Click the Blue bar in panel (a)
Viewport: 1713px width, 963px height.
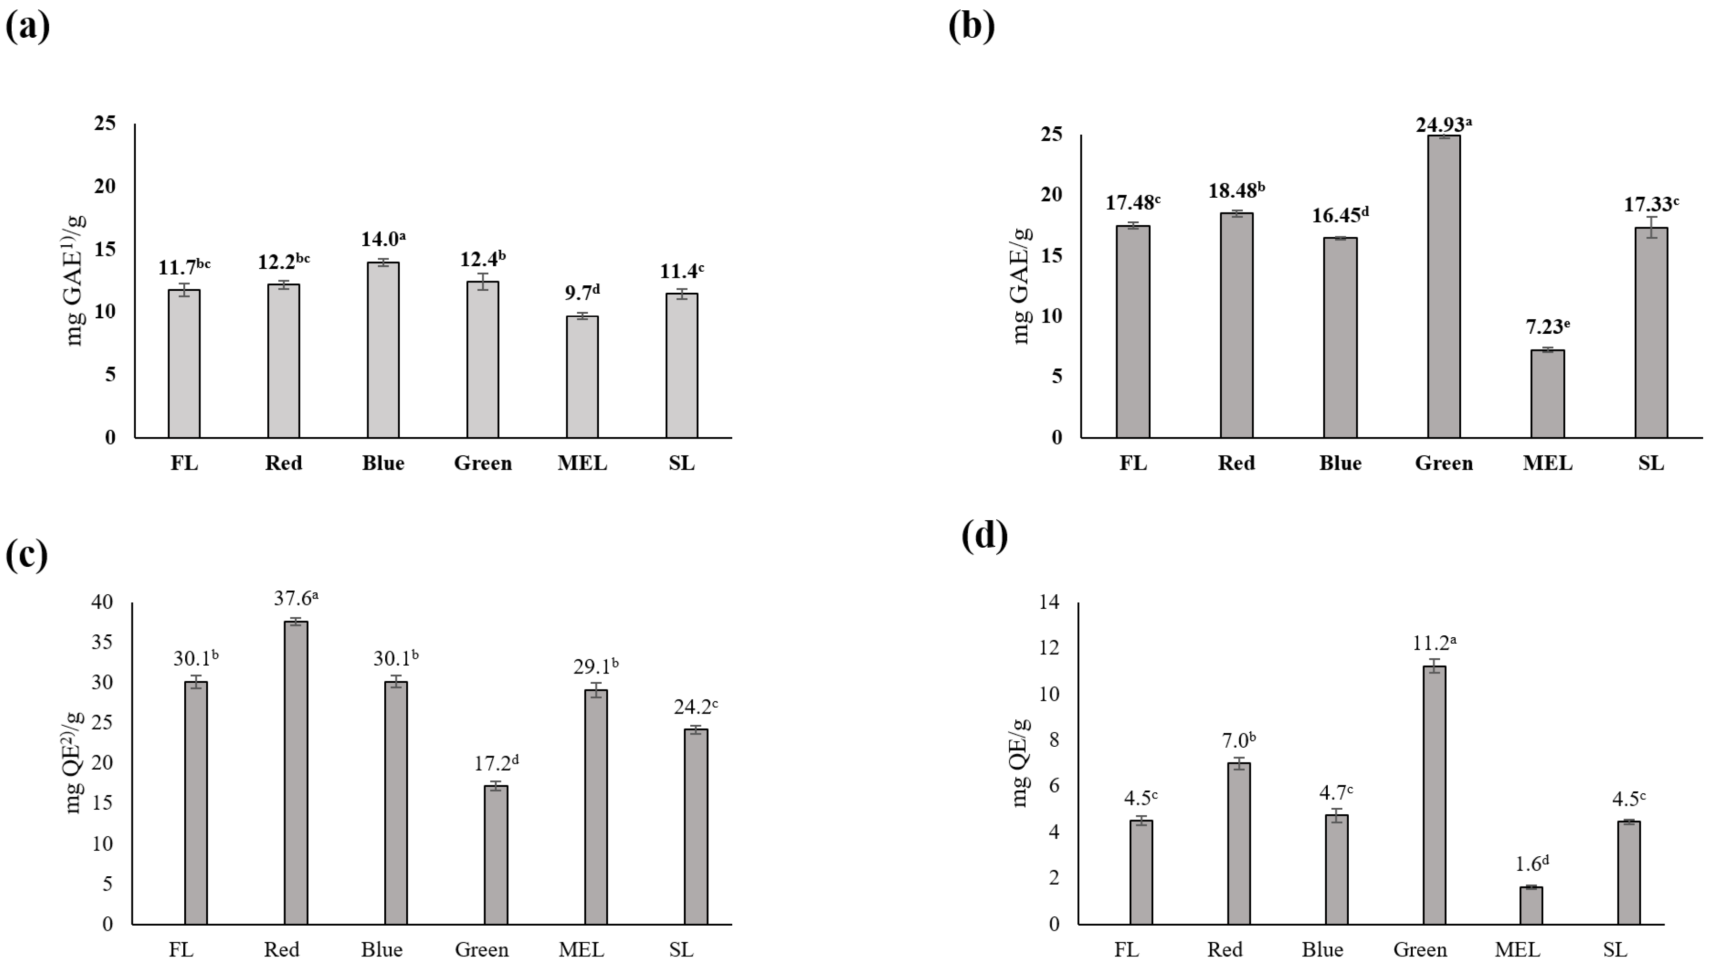click(383, 350)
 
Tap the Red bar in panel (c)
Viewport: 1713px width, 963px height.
click(296, 773)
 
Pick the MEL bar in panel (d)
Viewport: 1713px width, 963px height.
click(1531, 906)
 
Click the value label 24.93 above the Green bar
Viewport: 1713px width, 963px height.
click(1443, 125)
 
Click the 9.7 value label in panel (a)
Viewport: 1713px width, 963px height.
click(582, 292)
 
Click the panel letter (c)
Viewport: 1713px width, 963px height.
click(27, 555)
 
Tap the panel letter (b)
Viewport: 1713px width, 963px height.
click(971, 27)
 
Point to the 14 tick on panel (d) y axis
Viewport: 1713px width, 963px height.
click(1051, 603)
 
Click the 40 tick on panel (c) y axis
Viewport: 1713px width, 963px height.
click(103, 602)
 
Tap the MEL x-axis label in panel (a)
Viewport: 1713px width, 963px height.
click(582, 463)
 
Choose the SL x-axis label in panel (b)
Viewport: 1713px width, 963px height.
click(1651, 463)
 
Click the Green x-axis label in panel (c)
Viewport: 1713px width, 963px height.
click(481, 949)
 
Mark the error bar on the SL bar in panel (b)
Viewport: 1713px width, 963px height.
click(1651, 227)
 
